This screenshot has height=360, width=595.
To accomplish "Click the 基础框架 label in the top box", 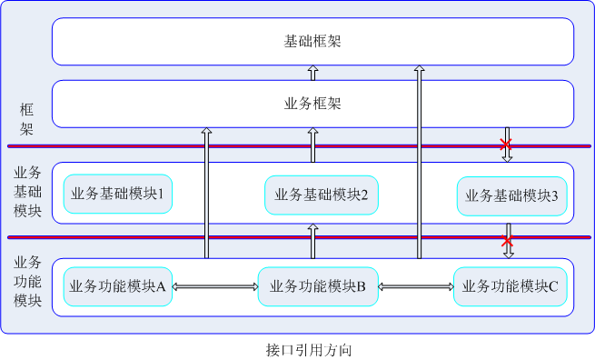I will point(312,42).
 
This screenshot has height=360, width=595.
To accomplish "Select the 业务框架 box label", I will point(312,104).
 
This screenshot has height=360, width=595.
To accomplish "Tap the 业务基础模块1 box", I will point(117,195).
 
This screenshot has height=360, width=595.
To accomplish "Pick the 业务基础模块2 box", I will point(321,195).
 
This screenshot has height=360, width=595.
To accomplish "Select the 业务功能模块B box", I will point(317,286).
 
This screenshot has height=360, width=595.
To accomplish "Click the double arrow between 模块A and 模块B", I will point(214,286).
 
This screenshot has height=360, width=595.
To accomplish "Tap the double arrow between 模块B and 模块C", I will point(415,286).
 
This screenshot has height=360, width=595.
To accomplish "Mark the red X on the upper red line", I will point(507,145).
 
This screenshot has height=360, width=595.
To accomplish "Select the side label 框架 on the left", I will point(26,119).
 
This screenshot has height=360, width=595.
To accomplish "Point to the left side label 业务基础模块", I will point(26,192).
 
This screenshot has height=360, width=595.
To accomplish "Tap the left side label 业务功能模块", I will point(26,282).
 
